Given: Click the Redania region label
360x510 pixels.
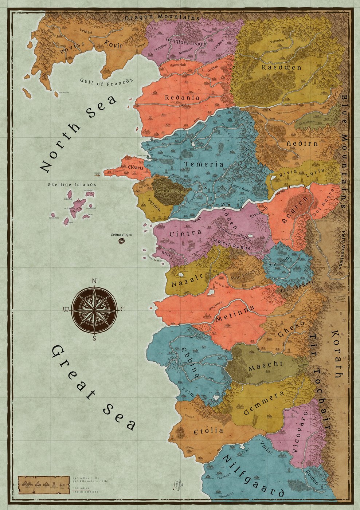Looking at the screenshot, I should coord(182,98).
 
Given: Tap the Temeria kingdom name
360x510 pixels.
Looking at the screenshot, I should coord(204,164).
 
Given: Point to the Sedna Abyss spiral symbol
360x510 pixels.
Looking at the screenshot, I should coord(121,241).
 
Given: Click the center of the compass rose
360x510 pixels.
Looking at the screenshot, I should coord(94,310).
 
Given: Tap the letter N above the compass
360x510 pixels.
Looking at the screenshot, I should coord(94,281).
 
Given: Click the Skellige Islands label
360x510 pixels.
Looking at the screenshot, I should coord(72,185).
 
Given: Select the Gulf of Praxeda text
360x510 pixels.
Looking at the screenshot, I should coord(107,82).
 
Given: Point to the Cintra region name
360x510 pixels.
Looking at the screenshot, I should coord(186,233).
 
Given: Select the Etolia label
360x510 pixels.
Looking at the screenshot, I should coord(208,431).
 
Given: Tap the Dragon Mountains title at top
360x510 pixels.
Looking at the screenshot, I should coord(162,17).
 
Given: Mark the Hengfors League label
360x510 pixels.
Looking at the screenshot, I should coord(186,41).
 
